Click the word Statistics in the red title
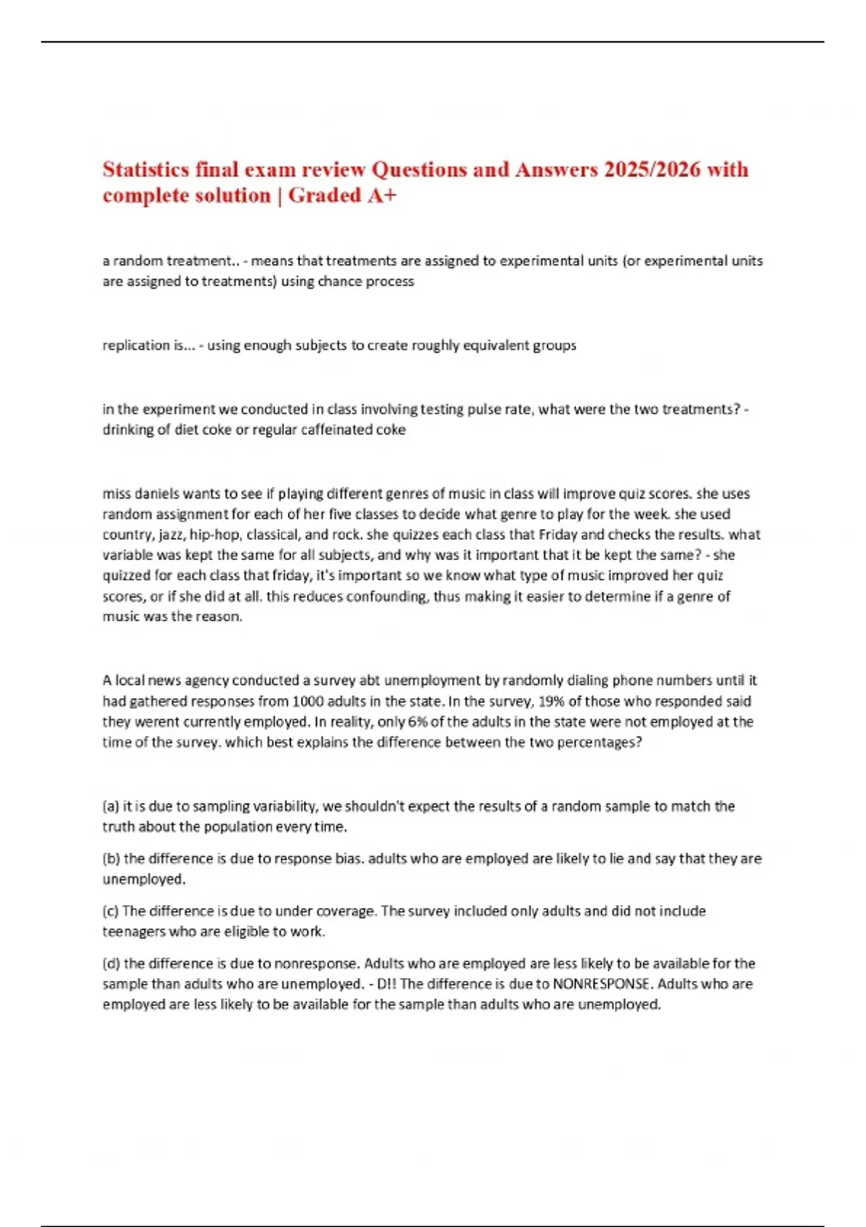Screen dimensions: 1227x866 tap(145, 170)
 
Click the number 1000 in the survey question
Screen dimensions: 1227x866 tap(308, 702)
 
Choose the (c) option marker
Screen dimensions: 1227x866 tap(110, 911)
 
